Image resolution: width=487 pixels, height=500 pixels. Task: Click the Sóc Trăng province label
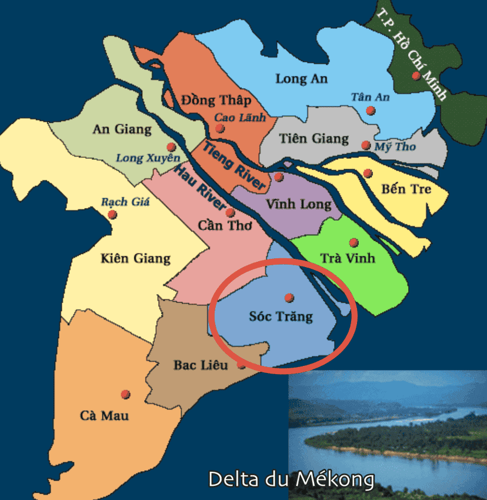coord(281,317)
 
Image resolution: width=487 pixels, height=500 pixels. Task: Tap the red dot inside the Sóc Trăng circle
coord(289,298)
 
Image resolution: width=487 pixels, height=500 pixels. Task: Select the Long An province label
coord(301,79)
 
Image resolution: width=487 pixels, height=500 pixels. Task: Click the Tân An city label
coord(370,97)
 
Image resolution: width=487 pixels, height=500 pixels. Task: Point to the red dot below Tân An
coord(370,111)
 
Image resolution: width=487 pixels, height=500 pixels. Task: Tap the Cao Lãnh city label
coord(240,118)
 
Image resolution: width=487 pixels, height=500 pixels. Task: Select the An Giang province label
coord(122,129)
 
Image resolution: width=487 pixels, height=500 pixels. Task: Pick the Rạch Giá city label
coord(125,202)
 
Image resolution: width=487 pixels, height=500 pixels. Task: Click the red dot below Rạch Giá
coord(112,215)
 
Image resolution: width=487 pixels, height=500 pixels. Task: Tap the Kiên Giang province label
coord(135,258)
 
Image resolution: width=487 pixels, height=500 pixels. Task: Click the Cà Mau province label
coord(104,415)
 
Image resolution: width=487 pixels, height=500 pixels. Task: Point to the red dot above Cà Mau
coord(125,394)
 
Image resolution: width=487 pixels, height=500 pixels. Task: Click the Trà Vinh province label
coord(348,258)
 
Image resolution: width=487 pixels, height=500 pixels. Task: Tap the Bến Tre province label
coord(406,189)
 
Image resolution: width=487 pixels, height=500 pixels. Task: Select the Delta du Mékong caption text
coord(291,479)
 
